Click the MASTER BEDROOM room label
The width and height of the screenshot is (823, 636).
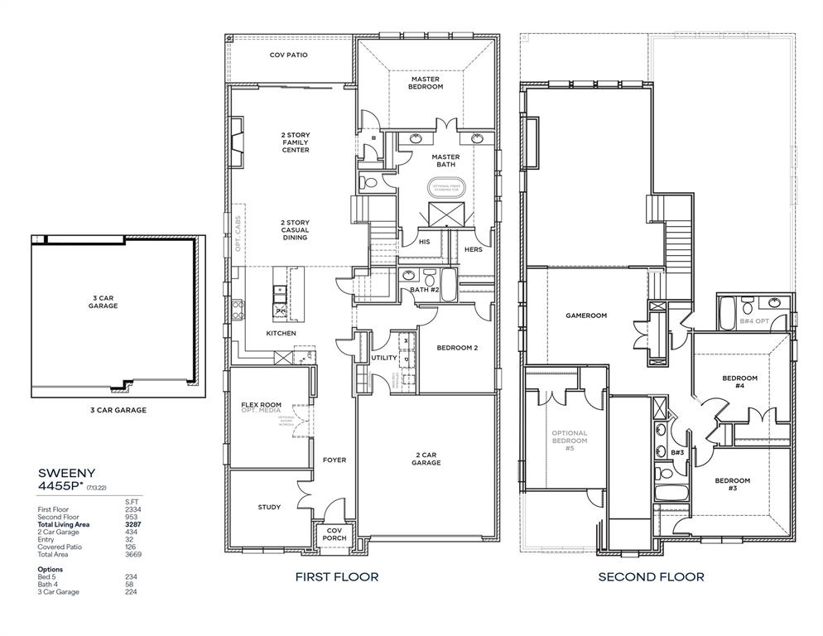(426, 82)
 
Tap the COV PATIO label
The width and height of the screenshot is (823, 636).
(288, 55)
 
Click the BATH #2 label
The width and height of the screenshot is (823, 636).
(424, 290)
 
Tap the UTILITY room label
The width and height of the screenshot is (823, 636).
(384, 358)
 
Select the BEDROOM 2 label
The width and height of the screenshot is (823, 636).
(457, 348)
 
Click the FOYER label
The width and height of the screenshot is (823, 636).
(334, 460)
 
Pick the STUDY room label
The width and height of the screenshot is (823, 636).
(269, 508)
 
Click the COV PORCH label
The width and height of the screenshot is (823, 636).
(334, 534)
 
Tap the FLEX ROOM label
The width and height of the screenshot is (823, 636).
(261, 405)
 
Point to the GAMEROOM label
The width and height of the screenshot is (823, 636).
(586, 316)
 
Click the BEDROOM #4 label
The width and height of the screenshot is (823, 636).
(739, 382)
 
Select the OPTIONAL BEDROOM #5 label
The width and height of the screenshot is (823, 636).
(570, 441)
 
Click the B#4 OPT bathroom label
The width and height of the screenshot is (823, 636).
(754, 320)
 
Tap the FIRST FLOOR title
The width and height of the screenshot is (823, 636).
(337, 576)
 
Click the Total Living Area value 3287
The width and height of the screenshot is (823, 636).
(130, 524)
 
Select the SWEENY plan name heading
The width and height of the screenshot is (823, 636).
(68, 473)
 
